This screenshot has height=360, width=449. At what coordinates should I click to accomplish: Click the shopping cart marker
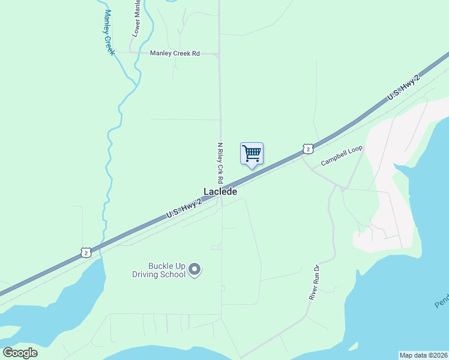252,154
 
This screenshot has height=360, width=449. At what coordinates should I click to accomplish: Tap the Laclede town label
220,192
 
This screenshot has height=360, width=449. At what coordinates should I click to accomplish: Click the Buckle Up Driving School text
158,271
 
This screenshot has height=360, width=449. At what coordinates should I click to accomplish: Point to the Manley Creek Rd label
175,53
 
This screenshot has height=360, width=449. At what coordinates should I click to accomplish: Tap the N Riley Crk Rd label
220,163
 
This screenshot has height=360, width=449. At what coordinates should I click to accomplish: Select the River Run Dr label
313,281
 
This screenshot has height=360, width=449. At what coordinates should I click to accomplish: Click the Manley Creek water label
109,32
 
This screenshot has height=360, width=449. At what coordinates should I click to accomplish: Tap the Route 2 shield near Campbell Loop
307,149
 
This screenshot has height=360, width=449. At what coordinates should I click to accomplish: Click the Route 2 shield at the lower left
86,253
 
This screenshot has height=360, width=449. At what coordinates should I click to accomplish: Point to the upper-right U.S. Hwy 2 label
403,88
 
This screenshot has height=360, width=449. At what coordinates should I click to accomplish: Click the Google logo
20,352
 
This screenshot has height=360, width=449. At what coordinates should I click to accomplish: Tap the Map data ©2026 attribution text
423,355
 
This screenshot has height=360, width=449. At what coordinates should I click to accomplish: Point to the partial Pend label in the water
441,300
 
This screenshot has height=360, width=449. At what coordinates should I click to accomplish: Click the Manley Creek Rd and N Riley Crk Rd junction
218,55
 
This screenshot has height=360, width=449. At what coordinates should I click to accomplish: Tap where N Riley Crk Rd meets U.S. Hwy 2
221,194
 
